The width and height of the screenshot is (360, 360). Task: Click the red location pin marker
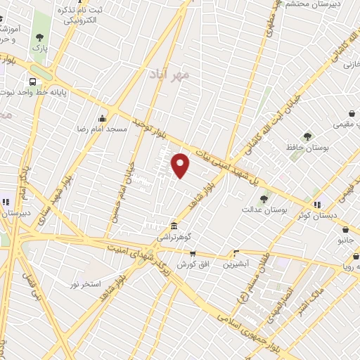click(x=181, y=165)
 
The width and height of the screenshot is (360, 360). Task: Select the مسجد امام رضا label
click(x=103, y=130)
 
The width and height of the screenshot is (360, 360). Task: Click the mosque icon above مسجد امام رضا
click(x=103, y=118)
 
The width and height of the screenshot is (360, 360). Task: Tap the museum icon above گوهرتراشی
click(x=173, y=226)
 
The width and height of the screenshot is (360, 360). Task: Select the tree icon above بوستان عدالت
click(x=264, y=198)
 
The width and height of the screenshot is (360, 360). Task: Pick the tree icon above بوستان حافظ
click(x=307, y=136)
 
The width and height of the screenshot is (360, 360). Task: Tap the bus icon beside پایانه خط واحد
click(x=33, y=81)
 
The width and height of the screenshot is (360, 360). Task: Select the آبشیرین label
click(x=237, y=264)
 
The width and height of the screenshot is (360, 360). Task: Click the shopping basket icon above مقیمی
click(x=352, y=113)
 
